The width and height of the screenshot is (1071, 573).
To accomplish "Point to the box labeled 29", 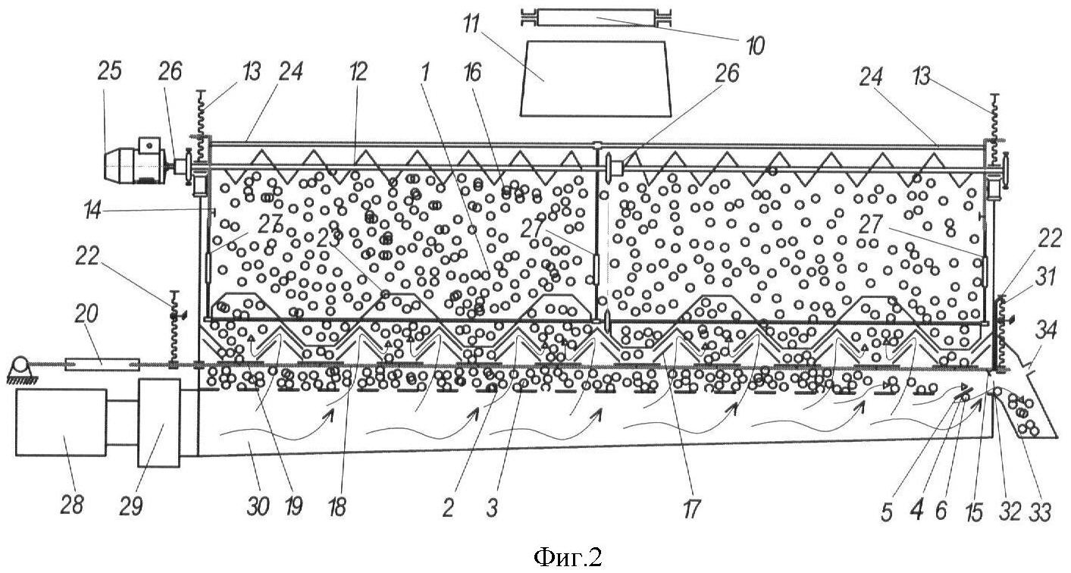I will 158,421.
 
